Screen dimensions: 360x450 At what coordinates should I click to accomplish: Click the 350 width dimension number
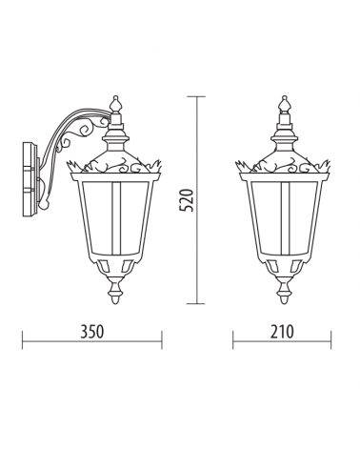click(x=91, y=332)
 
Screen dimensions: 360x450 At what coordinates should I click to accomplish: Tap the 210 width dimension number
click(x=282, y=332)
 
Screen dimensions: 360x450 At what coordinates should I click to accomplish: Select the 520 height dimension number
click(x=187, y=200)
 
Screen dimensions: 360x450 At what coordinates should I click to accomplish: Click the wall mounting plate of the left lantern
click(x=30, y=179)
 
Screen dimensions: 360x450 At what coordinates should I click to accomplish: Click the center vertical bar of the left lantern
click(x=115, y=218)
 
